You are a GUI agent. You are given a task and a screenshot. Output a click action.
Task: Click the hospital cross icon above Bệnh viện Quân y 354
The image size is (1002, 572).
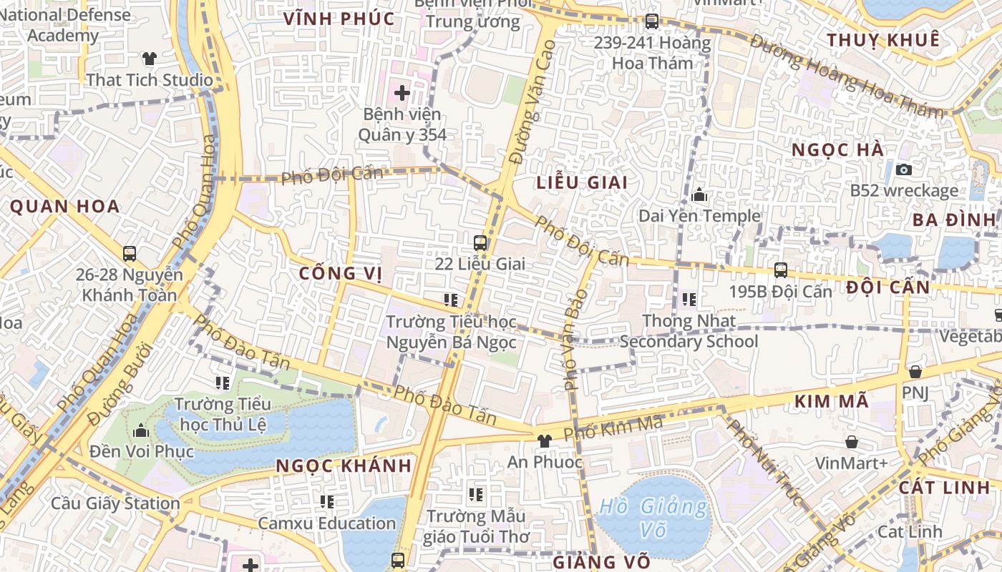[x=402, y=92]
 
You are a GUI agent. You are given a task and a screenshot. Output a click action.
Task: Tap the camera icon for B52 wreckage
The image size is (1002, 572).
[x=904, y=169]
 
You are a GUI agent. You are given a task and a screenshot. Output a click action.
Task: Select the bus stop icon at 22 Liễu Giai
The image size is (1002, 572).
[x=480, y=243]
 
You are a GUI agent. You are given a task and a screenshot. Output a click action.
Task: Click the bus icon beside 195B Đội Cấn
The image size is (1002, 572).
[x=781, y=271]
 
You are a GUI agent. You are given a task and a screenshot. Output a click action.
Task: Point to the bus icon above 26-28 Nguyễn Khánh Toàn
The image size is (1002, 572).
[x=130, y=254]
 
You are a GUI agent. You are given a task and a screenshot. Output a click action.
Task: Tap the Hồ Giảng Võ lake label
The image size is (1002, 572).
[x=653, y=518]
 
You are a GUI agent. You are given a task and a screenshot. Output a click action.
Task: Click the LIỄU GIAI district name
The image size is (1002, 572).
[x=582, y=182]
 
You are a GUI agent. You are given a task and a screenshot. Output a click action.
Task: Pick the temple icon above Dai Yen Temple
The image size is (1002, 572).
[x=699, y=195]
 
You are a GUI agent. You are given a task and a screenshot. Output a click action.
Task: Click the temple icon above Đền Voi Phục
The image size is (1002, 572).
[x=141, y=430]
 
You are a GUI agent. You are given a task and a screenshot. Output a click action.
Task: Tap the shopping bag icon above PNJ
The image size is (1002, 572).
[x=915, y=372]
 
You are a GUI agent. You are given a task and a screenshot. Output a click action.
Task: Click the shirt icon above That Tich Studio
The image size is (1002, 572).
[x=149, y=59]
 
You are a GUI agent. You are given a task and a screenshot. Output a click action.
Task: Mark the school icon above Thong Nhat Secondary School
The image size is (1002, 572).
[x=689, y=300]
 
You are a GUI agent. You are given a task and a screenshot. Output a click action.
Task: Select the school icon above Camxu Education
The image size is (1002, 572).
[x=327, y=502]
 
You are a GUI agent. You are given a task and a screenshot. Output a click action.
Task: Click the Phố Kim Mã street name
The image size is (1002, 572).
[x=613, y=428]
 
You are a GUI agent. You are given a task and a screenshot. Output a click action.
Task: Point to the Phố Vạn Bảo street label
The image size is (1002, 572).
[x=575, y=339]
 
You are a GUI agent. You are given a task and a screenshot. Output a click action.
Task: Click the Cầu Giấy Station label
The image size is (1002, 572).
[x=115, y=503]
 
